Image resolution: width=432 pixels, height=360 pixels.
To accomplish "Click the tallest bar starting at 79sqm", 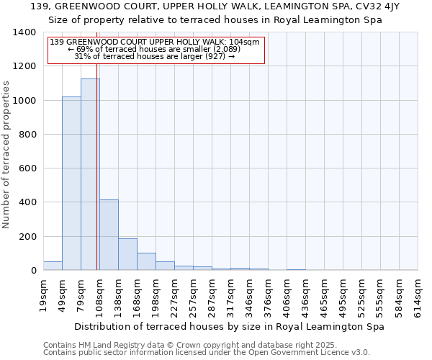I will pos(90,174).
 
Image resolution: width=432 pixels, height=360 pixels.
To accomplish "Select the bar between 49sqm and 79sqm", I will pos(71,184).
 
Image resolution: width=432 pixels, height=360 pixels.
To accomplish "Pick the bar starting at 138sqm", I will pos(127,254).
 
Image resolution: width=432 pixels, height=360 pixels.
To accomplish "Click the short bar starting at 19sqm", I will pos(53,266).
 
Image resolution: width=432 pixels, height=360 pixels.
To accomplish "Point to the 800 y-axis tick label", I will pos(27,135).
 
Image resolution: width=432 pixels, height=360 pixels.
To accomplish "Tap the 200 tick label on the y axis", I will pos(27,237).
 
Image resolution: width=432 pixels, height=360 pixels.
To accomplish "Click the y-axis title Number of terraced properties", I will pos(6,154).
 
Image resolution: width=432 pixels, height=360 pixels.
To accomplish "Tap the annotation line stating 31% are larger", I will pos(154,56).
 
